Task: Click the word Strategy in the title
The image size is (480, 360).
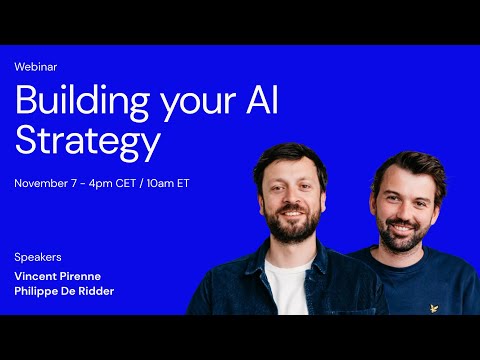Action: click(x=87, y=142)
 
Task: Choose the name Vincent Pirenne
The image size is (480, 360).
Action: click(x=59, y=275)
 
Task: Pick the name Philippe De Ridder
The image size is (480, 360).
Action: click(x=65, y=291)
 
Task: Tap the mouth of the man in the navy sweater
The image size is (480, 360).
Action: click(x=403, y=229)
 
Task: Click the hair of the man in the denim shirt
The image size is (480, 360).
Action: click(x=290, y=156)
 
